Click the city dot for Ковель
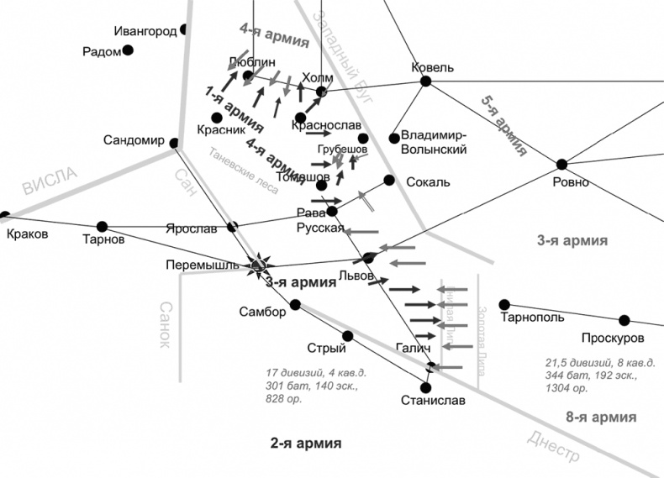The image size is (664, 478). (425, 81)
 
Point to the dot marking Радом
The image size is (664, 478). (129, 50)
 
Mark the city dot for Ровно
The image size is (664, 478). (562, 165)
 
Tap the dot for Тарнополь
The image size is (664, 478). (504, 304)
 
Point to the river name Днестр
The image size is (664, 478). (554, 444)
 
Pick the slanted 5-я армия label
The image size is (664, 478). (503, 127)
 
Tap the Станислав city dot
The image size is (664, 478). (426, 388)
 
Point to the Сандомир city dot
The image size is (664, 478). (174, 142)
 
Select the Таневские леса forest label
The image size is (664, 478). (244, 171)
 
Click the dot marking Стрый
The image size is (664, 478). (348, 336)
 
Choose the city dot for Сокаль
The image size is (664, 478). (389, 180)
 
